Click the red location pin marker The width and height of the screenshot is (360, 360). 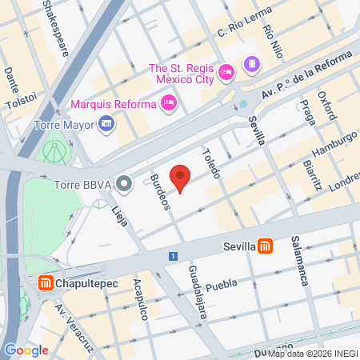pos(182,178)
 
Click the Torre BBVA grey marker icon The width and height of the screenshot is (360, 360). pos(124,185)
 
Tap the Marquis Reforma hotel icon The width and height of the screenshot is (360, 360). pos(169,102)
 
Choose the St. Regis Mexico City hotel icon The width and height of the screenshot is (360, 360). pos(226,72)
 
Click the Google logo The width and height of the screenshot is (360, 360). pos(26,350)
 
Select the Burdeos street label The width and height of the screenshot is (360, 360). pos(160,193)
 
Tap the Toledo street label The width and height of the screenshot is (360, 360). pos(211,162)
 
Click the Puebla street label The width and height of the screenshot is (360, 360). pos(222,286)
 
